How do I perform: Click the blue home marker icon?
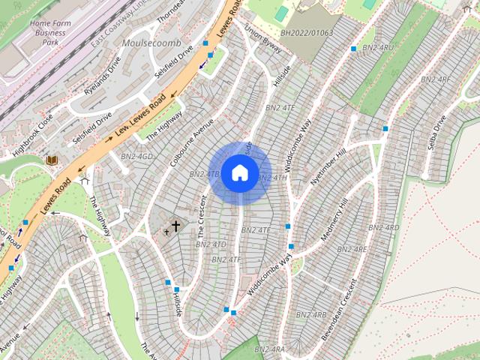[239, 172]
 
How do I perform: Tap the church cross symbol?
[176, 225]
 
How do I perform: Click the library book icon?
[52, 160]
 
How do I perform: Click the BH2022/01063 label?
[307, 33]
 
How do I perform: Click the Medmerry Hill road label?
[334, 220]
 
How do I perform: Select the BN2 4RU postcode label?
[376, 48]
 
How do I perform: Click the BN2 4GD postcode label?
[136, 156]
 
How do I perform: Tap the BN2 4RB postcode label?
[310, 315]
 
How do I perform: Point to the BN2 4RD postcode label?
[383, 227]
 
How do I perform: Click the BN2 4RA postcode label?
[269, 349]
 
